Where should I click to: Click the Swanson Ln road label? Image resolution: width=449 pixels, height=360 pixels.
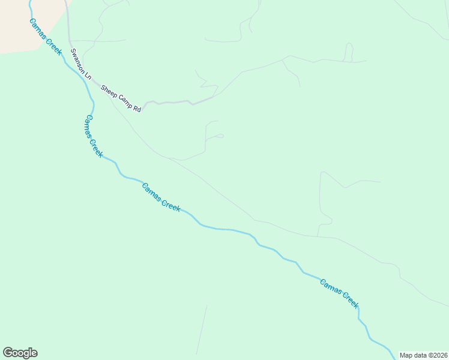(80, 65)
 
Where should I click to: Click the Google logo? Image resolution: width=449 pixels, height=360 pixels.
(20, 353)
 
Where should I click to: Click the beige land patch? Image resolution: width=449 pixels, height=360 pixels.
(24, 24)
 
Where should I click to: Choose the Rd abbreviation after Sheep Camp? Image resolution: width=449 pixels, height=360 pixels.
(136, 109)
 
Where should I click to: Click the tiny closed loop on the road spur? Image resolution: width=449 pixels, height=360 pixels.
(220, 136)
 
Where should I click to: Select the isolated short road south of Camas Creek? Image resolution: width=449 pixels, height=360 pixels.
(201, 330)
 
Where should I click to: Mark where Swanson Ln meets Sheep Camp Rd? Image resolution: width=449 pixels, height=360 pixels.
(95, 83)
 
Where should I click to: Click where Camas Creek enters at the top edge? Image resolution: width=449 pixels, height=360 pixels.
(30, 2)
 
